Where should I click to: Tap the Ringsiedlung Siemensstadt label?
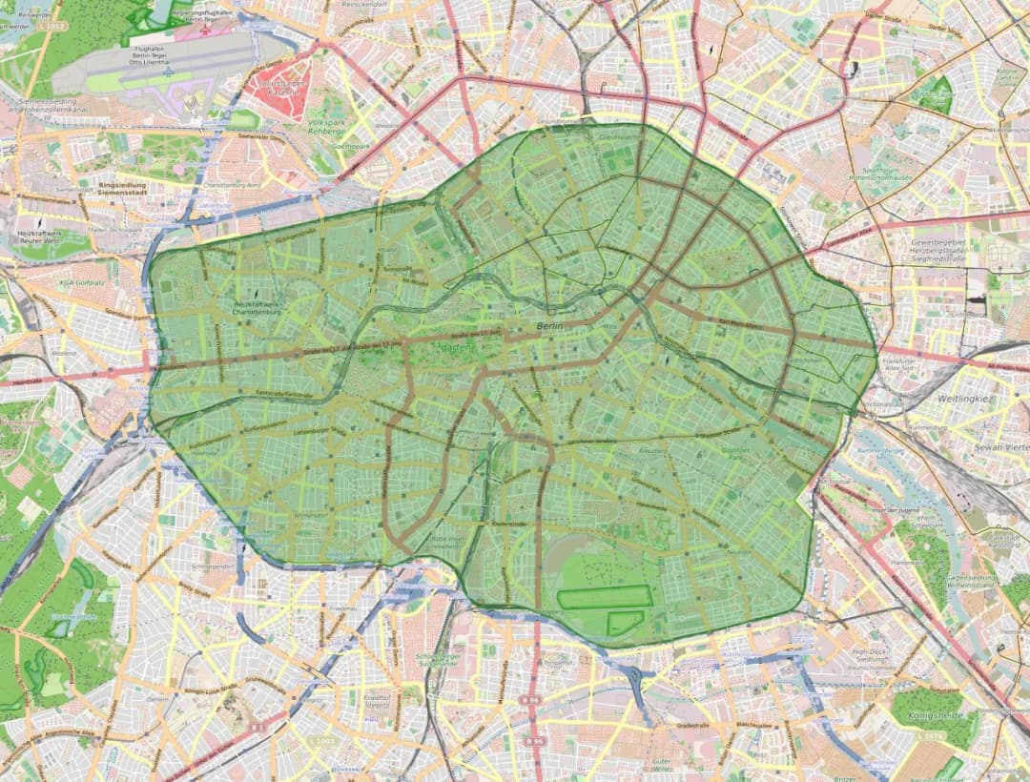[x=133, y=188]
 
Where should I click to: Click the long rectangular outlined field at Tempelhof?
[x=605, y=597]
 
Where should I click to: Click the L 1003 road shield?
[x=321, y=741]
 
